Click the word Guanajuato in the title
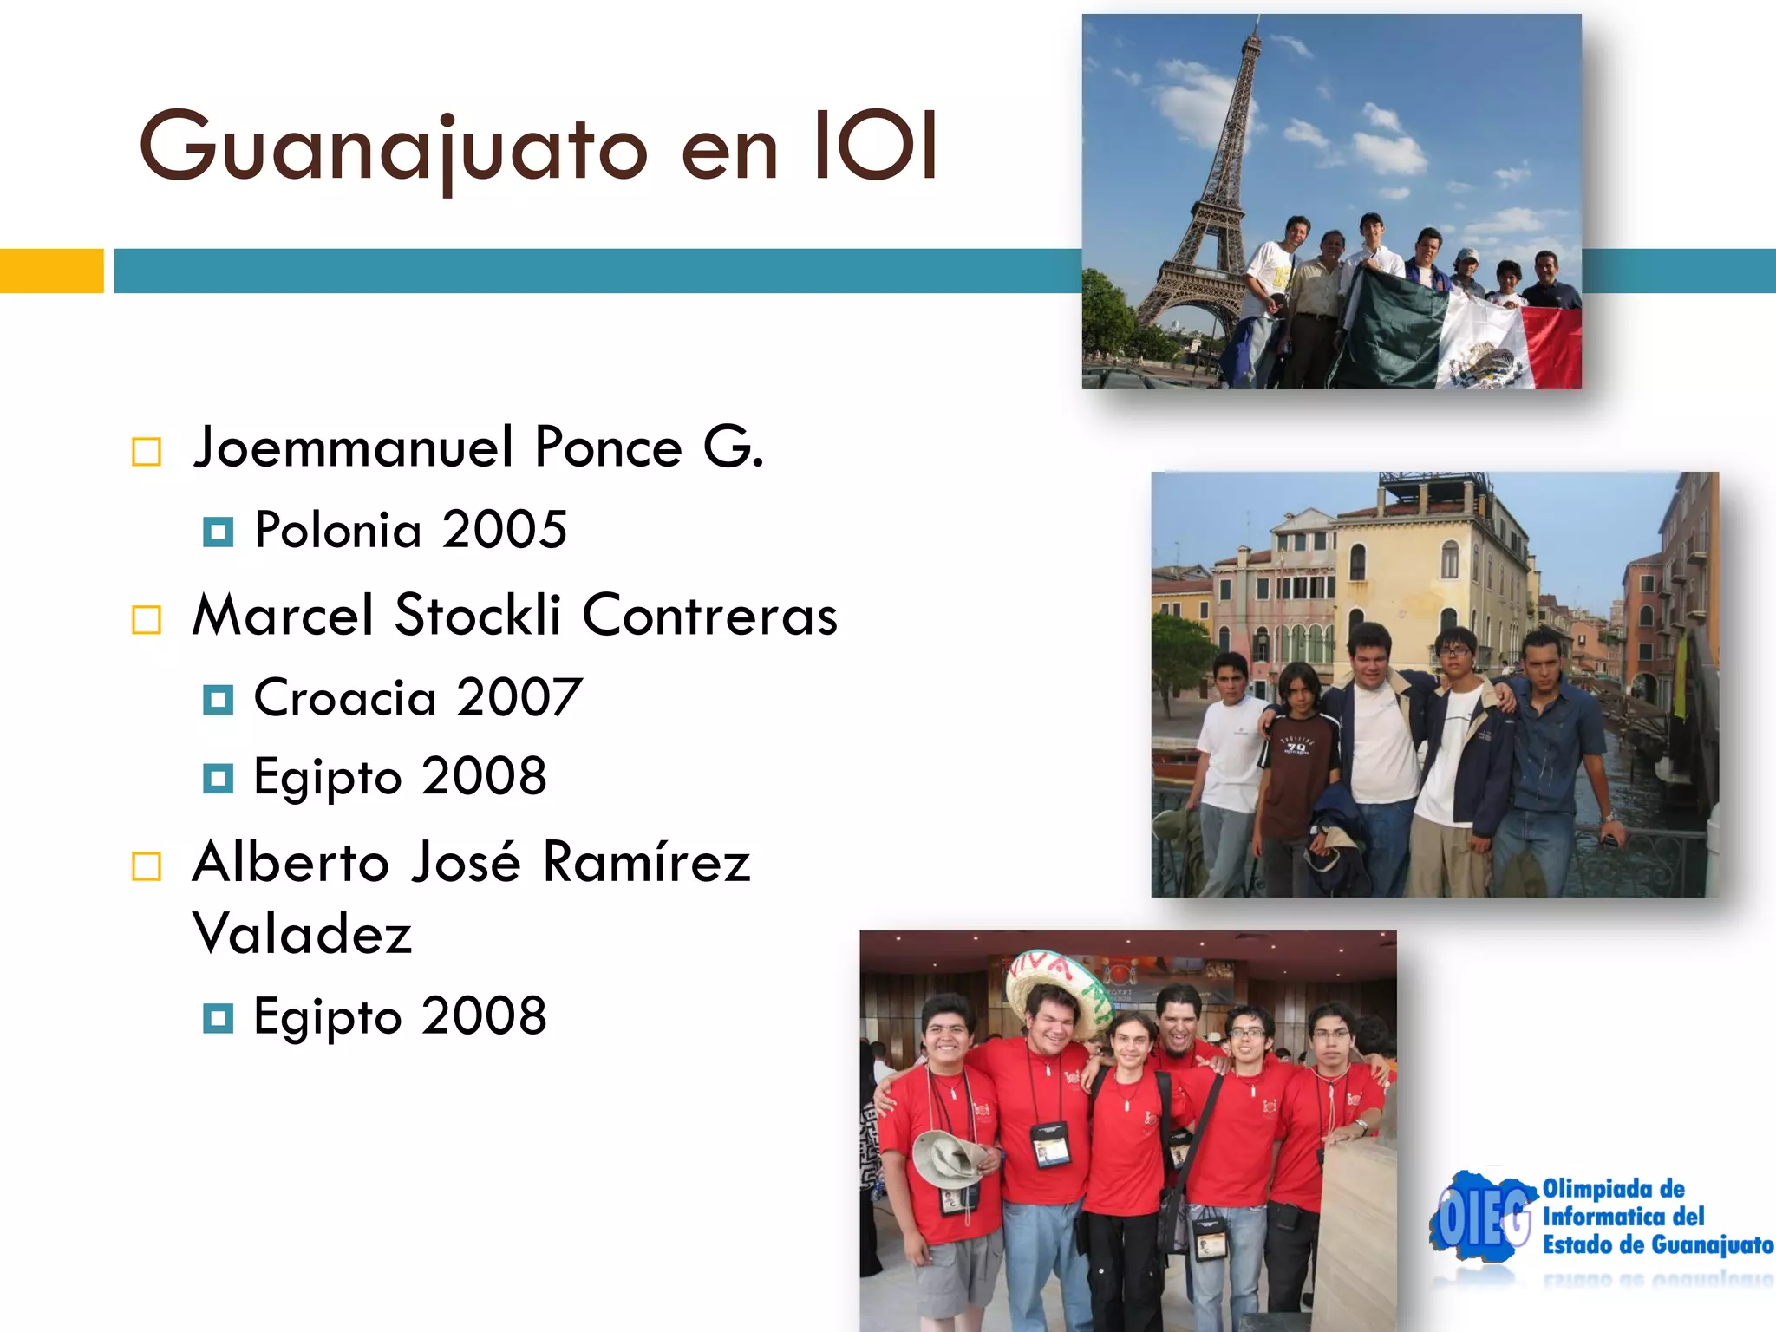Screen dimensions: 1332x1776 [393, 148]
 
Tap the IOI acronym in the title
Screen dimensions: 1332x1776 [875, 147]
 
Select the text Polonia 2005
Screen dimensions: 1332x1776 [410, 529]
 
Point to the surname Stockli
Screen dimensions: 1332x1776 [478, 615]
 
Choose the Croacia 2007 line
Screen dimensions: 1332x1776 [417, 697]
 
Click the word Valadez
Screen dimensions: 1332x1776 [302, 934]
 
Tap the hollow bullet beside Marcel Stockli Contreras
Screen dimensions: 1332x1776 [147, 620]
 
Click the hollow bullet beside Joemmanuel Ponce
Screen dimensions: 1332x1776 [147, 452]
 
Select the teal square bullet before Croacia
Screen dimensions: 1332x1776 [218, 699]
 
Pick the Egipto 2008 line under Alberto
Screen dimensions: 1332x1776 [400, 1016]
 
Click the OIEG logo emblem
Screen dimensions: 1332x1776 [1481, 1218]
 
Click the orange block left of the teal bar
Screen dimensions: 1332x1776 [51, 271]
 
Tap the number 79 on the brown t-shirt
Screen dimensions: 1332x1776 [1296, 747]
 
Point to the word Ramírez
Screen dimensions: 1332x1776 [645, 863]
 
